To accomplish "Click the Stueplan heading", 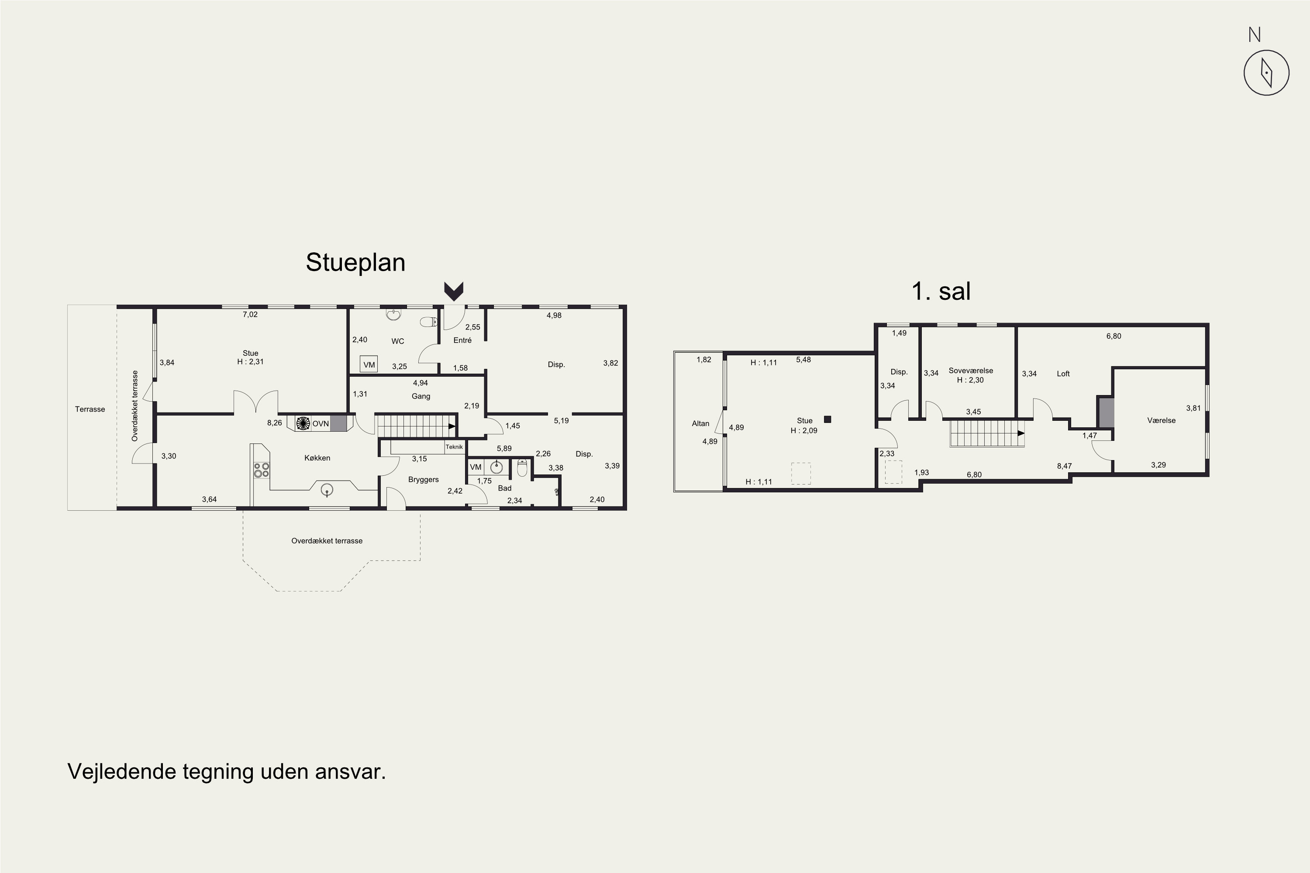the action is [355, 263].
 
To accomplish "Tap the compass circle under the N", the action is [1267, 72].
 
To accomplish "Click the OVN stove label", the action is [320, 424].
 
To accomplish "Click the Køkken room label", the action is [317, 457].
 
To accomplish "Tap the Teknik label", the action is [454, 447].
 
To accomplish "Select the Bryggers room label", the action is [423, 479].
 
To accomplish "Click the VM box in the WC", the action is [369, 364].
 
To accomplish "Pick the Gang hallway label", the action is [421, 396].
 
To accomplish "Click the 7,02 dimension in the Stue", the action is [250, 315].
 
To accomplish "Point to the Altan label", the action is [701, 424].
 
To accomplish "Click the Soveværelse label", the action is [971, 371].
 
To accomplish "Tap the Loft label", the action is [1063, 374].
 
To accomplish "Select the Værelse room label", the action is [1161, 420].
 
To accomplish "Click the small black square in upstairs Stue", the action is [827, 419].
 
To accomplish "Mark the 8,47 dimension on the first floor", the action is [1065, 466].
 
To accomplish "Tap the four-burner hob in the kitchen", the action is [261, 470].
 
